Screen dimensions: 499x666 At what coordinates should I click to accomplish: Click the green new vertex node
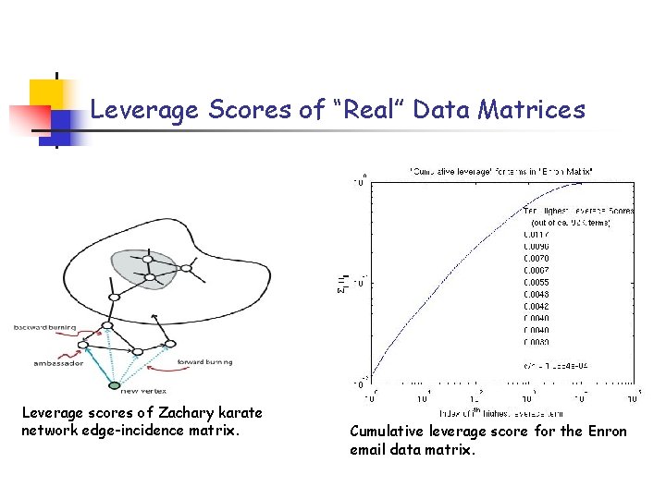click(114, 384)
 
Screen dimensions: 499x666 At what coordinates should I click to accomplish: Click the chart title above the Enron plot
click(502, 172)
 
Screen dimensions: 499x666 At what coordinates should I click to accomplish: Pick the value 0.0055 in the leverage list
click(536, 283)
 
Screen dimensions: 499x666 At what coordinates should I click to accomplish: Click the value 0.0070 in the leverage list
click(536, 259)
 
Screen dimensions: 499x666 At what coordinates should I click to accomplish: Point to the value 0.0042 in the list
click(536, 307)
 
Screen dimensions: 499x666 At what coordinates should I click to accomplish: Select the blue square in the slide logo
click(66, 120)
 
